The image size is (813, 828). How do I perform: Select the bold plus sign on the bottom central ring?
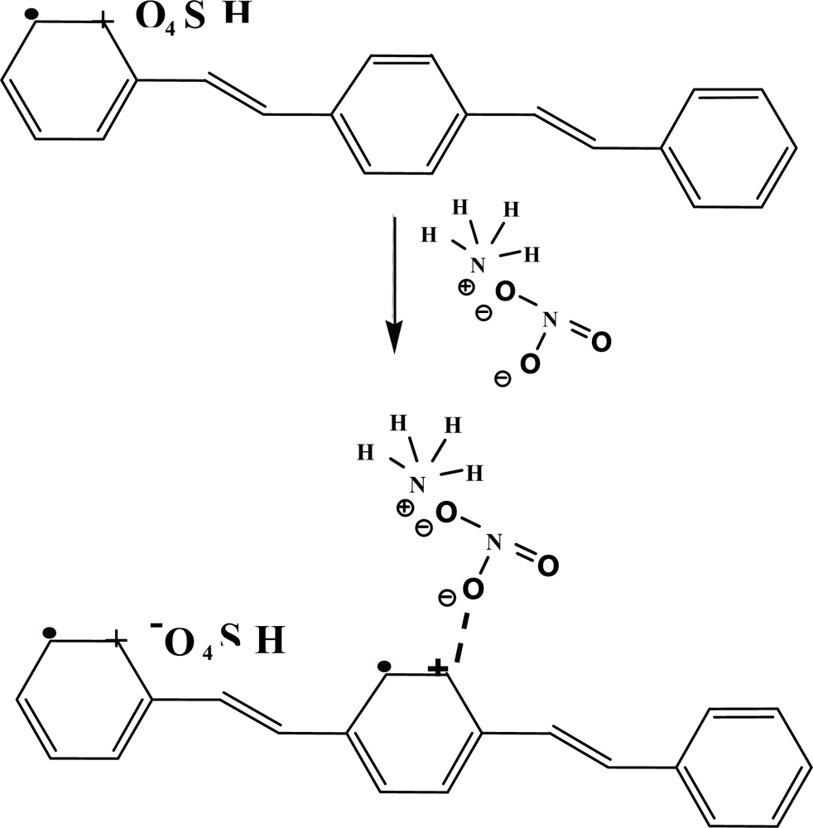(x=440, y=667)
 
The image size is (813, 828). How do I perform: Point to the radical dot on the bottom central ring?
(x=382, y=665)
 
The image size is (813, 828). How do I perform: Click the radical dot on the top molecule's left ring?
(x=31, y=14)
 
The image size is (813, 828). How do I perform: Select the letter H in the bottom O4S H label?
(x=269, y=641)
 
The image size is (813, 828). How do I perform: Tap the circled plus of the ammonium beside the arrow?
(x=466, y=287)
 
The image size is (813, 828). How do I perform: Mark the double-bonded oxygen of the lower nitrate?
(x=547, y=567)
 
